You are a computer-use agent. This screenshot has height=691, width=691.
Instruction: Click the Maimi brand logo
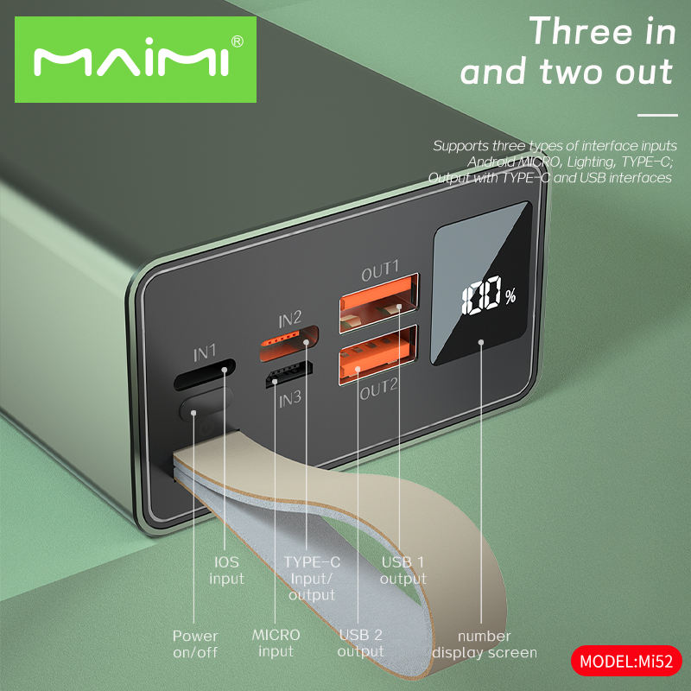click(136, 60)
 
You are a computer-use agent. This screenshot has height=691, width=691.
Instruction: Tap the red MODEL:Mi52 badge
click(626, 661)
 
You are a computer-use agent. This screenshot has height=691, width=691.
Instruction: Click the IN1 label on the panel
click(205, 353)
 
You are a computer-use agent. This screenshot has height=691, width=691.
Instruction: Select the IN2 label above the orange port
click(289, 319)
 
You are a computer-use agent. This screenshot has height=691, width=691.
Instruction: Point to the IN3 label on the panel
click(290, 400)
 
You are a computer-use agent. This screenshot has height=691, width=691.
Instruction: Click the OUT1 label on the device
click(380, 270)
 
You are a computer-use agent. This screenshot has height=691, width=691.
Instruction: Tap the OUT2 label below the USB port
click(378, 390)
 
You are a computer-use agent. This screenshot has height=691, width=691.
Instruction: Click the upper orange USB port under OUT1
click(379, 304)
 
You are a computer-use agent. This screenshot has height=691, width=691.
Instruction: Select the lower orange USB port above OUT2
click(378, 355)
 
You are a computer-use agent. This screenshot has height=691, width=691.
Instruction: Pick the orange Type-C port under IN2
click(289, 343)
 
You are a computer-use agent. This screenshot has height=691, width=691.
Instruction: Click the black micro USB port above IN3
click(289, 374)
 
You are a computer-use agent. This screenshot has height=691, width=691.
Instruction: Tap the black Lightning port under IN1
click(205, 375)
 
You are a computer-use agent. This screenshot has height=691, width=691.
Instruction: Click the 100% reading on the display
click(489, 295)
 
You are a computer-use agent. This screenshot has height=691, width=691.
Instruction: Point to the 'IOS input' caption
click(226, 570)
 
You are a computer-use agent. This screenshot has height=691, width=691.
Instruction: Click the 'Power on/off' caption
click(195, 643)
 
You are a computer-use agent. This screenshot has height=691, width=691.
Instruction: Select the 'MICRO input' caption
click(276, 643)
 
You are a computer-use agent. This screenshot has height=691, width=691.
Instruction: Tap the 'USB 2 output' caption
click(360, 643)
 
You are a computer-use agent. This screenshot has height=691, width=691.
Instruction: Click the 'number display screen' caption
click(485, 643)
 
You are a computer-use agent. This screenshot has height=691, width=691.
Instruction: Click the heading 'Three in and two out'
click(567, 51)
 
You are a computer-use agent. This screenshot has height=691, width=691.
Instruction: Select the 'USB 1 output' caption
click(403, 570)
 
